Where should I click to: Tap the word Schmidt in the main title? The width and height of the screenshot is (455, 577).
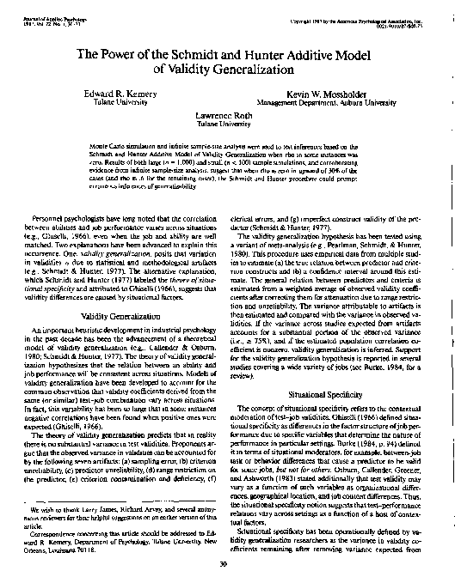pyautogui.click(x=205, y=54)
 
